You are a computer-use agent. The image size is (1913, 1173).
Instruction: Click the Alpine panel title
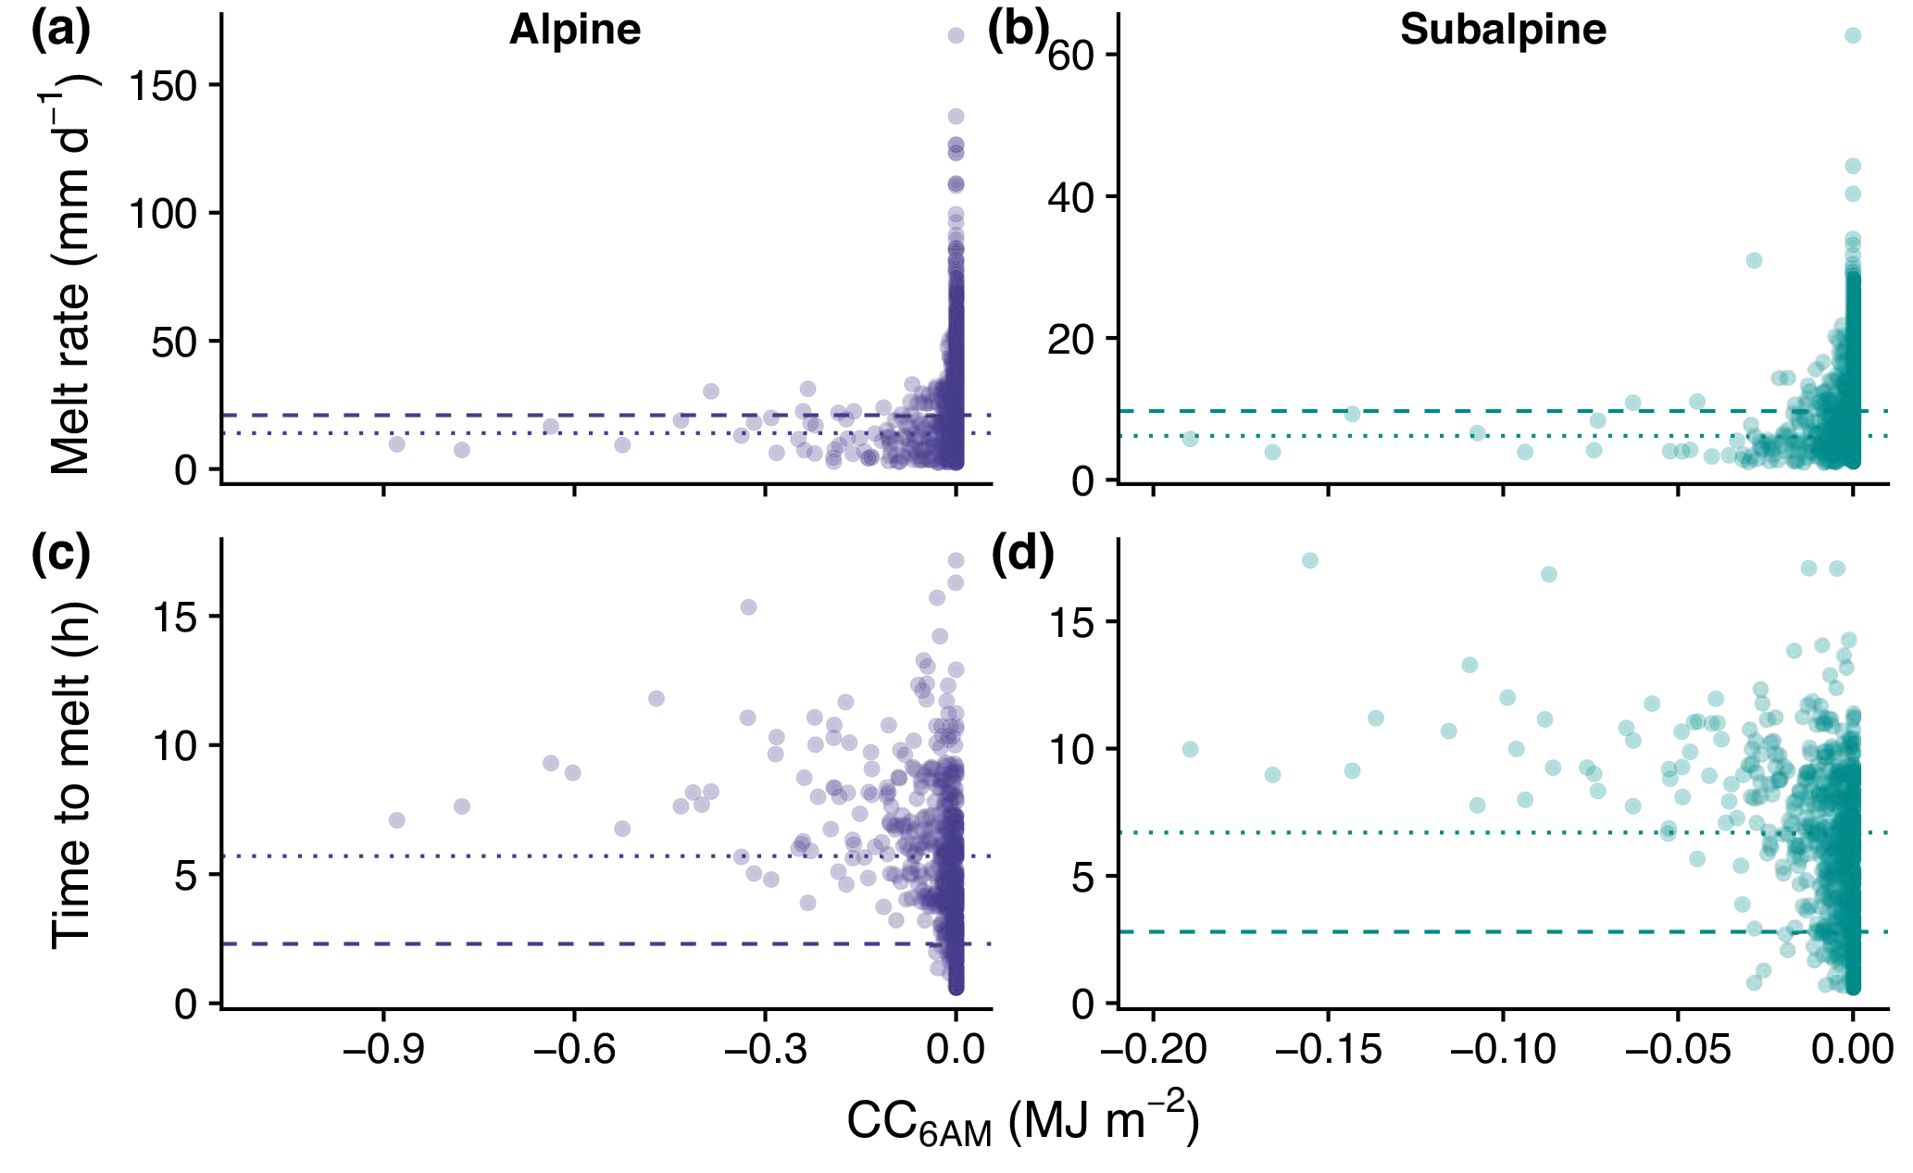point(575,31)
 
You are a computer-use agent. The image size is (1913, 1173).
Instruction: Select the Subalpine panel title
point(1503,31)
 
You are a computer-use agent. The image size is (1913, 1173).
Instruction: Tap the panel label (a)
point(61,31)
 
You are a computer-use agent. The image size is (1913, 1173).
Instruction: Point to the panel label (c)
point(61,555)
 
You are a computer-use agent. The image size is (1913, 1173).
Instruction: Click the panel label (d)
point(1022,556)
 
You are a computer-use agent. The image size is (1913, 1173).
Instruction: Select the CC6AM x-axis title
point(1022,1122)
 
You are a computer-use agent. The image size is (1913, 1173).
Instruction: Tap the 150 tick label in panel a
point(164,86)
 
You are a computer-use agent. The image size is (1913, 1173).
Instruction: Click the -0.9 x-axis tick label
point(382,1051)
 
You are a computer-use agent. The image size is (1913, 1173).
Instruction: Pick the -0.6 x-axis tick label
point(574,1051)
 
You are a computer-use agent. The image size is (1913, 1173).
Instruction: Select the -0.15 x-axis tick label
point(1327,1051)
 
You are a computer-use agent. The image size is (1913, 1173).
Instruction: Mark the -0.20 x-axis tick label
point(1152,1051)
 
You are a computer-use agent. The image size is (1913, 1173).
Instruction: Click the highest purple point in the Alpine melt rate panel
point(956,35)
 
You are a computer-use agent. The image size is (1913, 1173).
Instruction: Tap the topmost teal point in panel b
point(1853,35)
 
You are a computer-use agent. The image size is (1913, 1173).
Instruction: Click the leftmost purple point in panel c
point(396,820)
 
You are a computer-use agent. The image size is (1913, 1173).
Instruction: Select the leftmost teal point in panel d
point(1190,749)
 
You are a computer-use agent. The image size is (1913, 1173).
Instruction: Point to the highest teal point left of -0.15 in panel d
point(1309,560)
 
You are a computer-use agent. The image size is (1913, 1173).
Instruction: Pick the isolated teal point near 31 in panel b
point(1754,260)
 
